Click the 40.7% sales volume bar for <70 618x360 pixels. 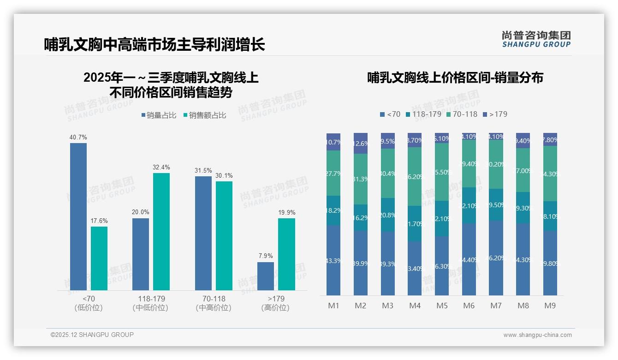[x=78, y=217]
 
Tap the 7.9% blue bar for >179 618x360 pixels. [x=266, y=276]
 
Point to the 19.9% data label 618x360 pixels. [x=286, y=213]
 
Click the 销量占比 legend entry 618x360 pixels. [x=159, y=115]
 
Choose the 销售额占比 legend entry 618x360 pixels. [x=205, y=115]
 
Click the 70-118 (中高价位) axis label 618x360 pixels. [x=214, y=303]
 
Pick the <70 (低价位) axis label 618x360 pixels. [x=89, y=303]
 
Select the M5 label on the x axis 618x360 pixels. [x=442, y=306]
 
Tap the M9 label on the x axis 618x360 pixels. [x=550, y=306]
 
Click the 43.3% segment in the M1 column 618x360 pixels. [x=333, y=260]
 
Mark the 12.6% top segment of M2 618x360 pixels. [x=361, y=144]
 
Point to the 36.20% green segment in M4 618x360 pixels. [x=415, y=176]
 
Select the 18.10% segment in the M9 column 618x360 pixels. [x=550, y=216]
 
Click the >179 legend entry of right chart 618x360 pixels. [x=495, y=114]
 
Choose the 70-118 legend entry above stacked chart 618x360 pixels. [x=462, y=114]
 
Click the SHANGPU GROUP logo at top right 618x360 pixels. [x=536, y=39]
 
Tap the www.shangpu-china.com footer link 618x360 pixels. [x=537, y=335]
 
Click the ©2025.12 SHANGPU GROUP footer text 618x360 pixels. [x=92, y=335]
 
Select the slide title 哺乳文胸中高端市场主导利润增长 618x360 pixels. [x=154, y=45]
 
